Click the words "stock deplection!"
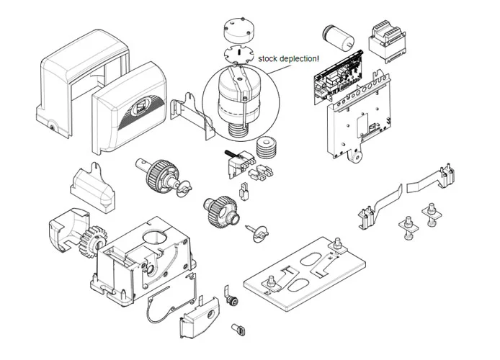(x=287, y=60)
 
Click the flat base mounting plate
(x=310, y=270)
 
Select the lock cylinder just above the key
(x=232, y=297)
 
